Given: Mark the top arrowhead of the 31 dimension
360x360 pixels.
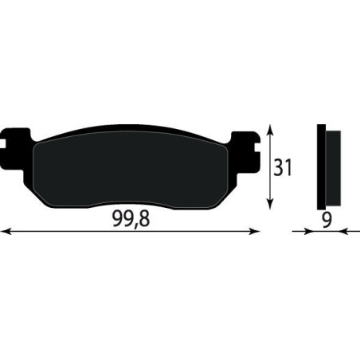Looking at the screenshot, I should pos(273,130).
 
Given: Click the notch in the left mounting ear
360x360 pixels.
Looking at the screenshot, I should pos(7,147).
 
